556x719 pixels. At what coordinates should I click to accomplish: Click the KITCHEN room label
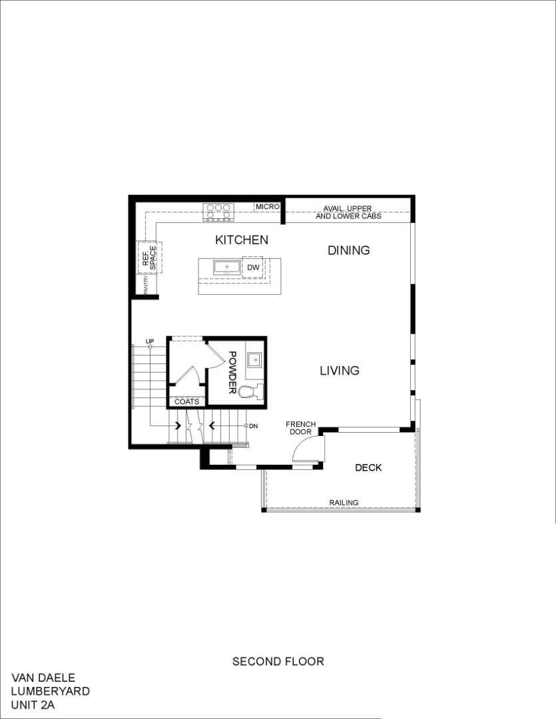coord(241,240)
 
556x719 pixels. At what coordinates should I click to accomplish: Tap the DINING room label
coord(348,250)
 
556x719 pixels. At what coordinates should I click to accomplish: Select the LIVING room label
coord(340,370)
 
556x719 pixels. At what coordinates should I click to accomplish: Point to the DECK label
coord(368,468)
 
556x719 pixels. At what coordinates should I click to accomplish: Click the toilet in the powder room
coord(251,391)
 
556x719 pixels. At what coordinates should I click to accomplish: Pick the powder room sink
coord(254,360)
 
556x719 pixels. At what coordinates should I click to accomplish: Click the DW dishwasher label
coord(252,268)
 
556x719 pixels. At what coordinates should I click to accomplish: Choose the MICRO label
coord(267,207)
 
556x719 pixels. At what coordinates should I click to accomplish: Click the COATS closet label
coord(186,401)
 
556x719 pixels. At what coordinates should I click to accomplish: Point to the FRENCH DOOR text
coord(301,428)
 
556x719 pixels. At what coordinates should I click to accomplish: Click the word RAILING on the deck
coord(344,503)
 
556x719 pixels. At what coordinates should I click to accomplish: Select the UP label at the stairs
coord(150,341)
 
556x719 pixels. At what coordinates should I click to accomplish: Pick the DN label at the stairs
coord(253,425)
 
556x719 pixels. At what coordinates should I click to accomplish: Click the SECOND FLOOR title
coord(278,662)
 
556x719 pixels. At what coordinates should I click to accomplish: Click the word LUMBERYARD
coord(50,692)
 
